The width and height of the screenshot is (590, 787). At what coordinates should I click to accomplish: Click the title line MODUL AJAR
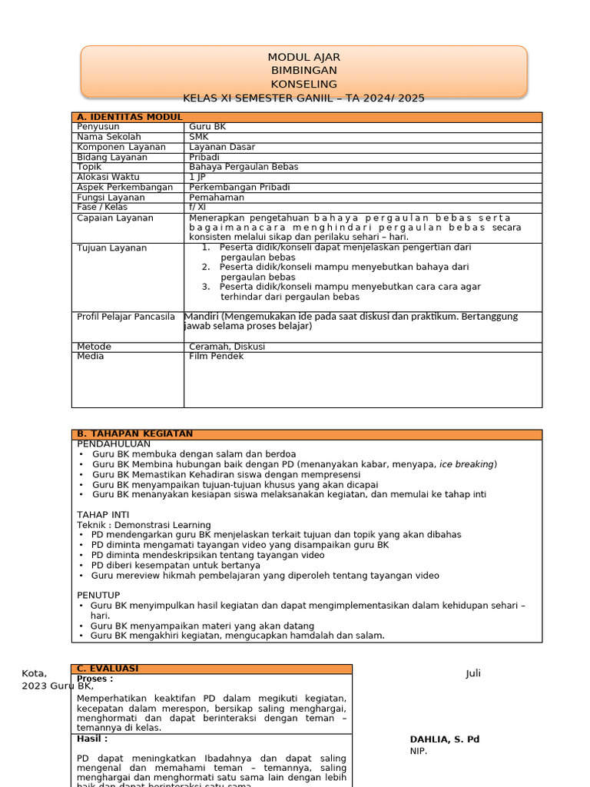(x=303, y=58)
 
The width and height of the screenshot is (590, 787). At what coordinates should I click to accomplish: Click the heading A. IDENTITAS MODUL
(x=129, y=117)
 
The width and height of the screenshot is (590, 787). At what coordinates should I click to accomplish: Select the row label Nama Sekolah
(x=109, y=137)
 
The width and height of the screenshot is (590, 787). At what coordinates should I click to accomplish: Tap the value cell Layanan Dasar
(x=222, y=147)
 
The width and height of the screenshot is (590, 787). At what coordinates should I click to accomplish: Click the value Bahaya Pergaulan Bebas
(x=244, y=167)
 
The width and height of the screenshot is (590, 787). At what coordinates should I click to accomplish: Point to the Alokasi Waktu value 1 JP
(x=197, y=177)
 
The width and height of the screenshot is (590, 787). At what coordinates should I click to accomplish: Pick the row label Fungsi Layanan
(x=111, y=198)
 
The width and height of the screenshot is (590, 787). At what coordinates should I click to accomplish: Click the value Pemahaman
(x=217, y=198)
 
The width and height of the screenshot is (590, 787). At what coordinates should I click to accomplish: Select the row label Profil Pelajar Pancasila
(x=126, y=317)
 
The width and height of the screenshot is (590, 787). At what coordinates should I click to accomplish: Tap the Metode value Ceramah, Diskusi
(x=227, y=347)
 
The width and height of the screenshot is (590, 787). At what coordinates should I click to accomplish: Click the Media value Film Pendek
(x=216, y=357)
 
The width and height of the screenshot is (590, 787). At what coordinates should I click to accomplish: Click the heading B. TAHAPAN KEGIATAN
(x=134, y=434)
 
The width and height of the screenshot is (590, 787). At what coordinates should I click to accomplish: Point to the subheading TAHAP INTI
(x=103, y=514)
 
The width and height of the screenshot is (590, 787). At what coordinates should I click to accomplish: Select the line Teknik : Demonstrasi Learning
(x=144, y=525)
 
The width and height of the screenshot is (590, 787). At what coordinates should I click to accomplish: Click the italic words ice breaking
(x=467, y=464)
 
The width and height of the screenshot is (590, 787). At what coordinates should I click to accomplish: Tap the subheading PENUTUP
(x=98, y=595)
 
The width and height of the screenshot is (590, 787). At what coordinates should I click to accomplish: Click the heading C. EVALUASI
(x=108, y=669)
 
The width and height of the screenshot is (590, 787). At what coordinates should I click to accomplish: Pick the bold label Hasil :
(x=92, y=739)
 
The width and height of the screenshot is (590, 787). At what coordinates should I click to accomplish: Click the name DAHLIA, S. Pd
(x=444, y=739)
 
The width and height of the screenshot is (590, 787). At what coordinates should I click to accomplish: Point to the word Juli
(x=472, y=674)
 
